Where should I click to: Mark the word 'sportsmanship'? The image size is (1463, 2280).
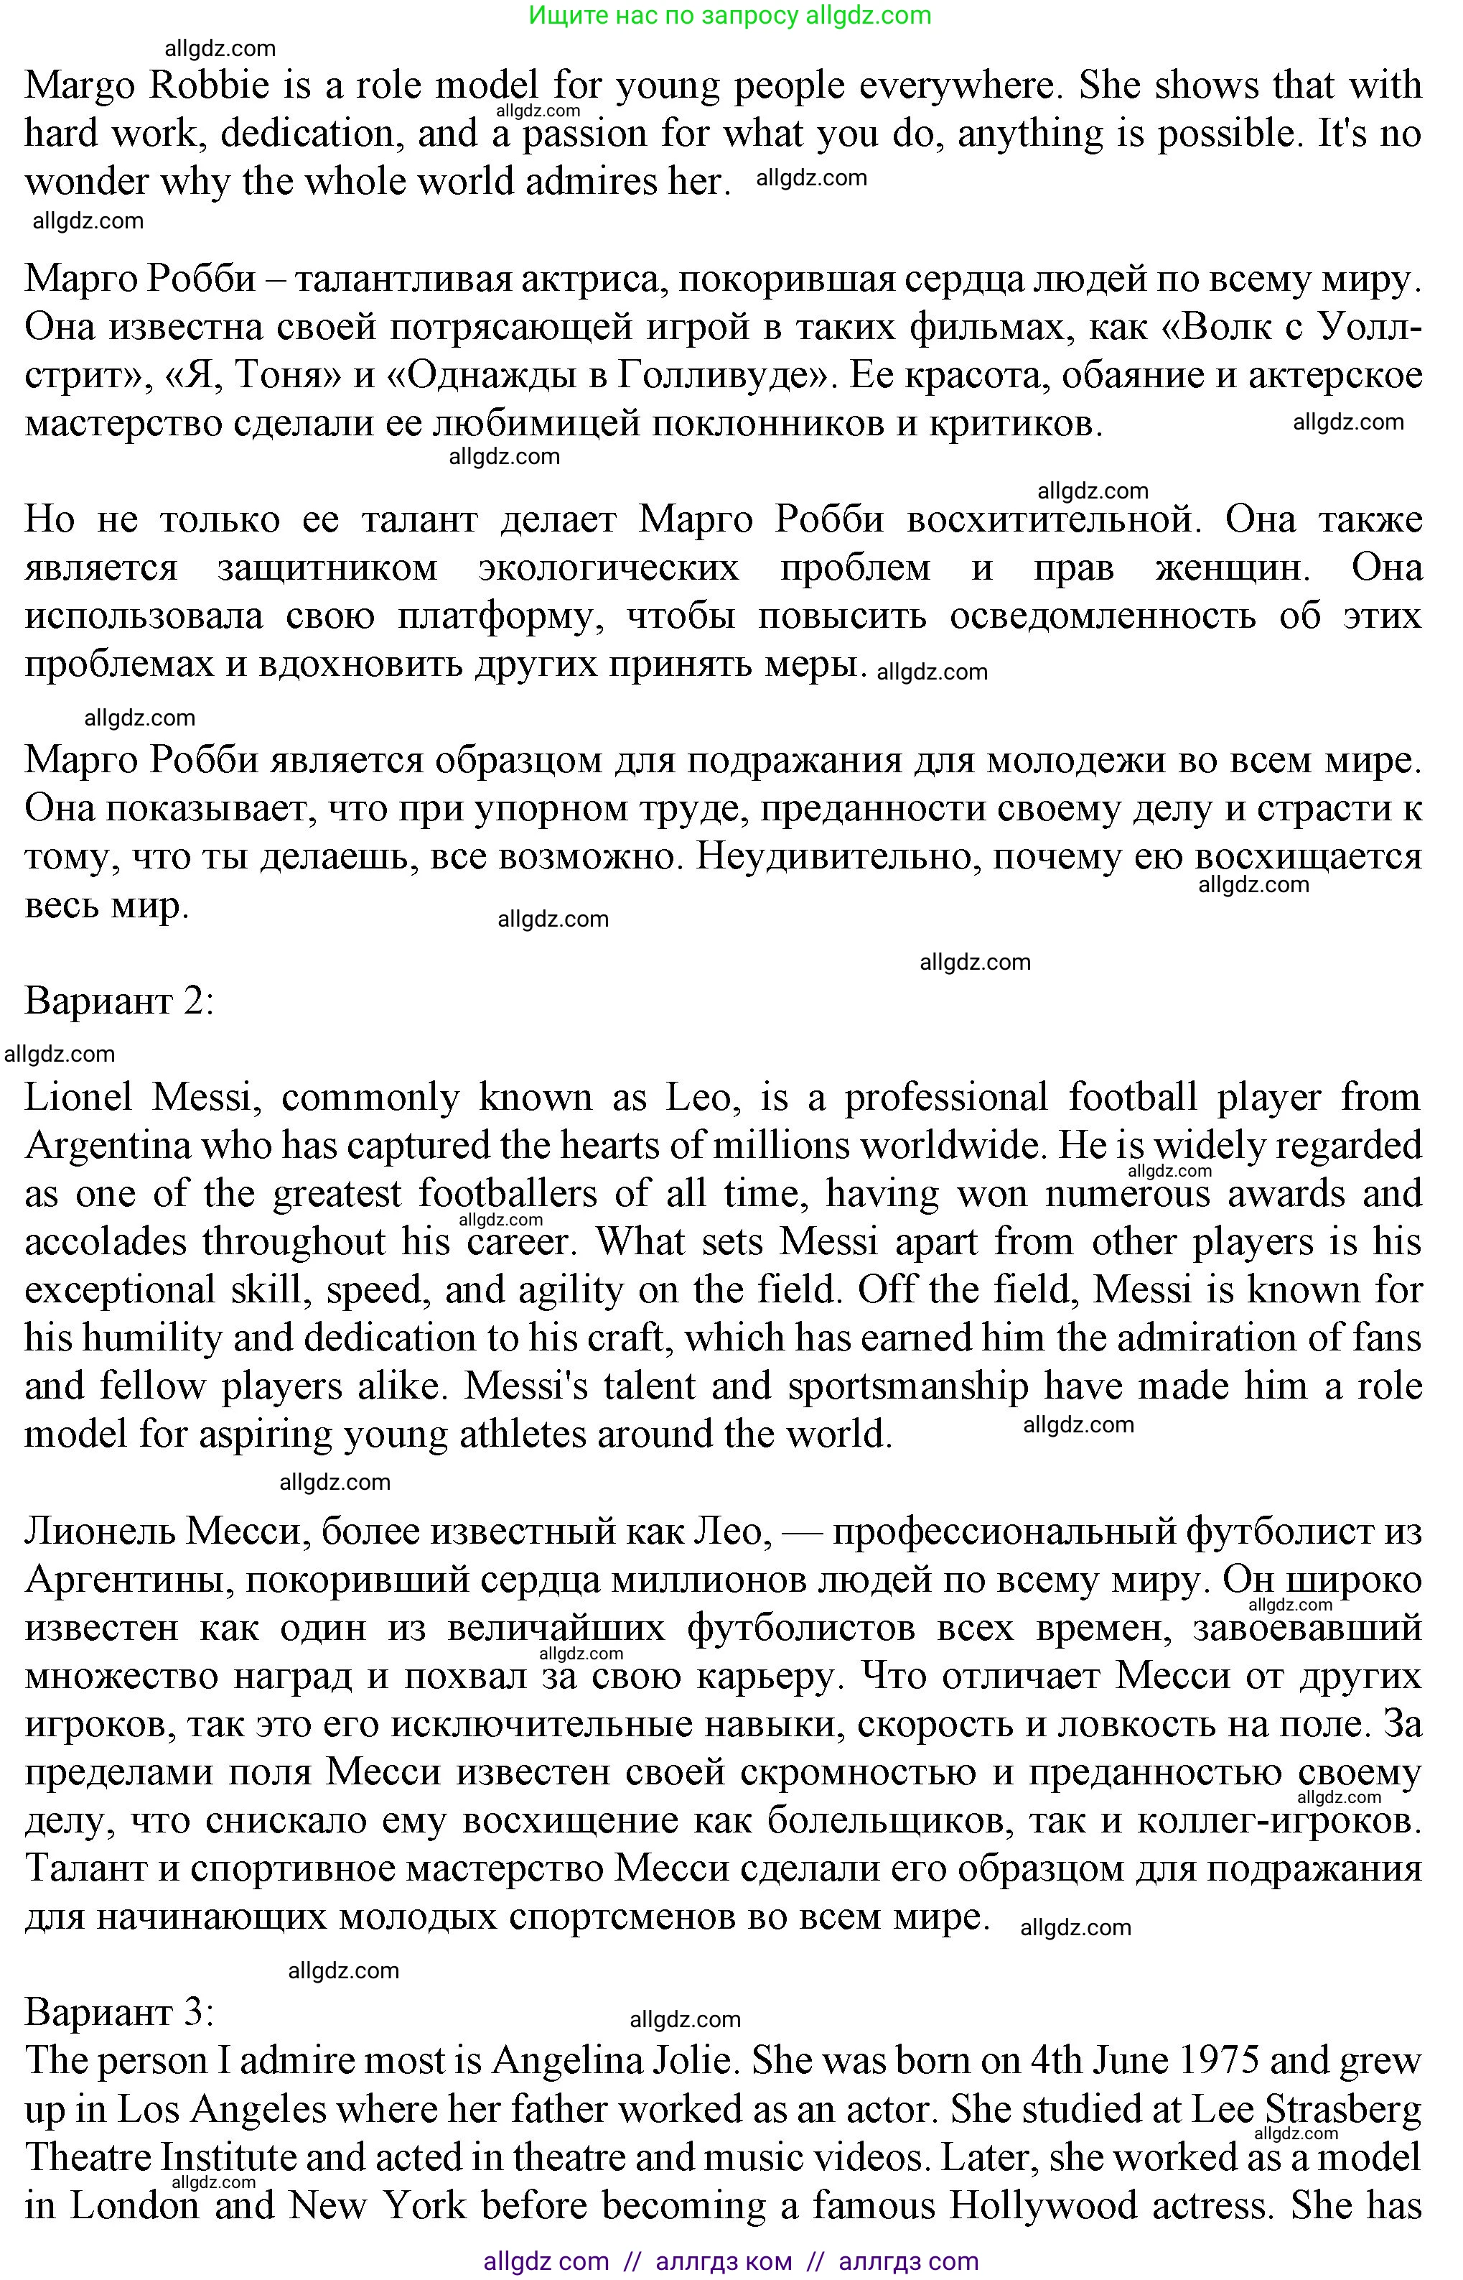[x=908, y=1386]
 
